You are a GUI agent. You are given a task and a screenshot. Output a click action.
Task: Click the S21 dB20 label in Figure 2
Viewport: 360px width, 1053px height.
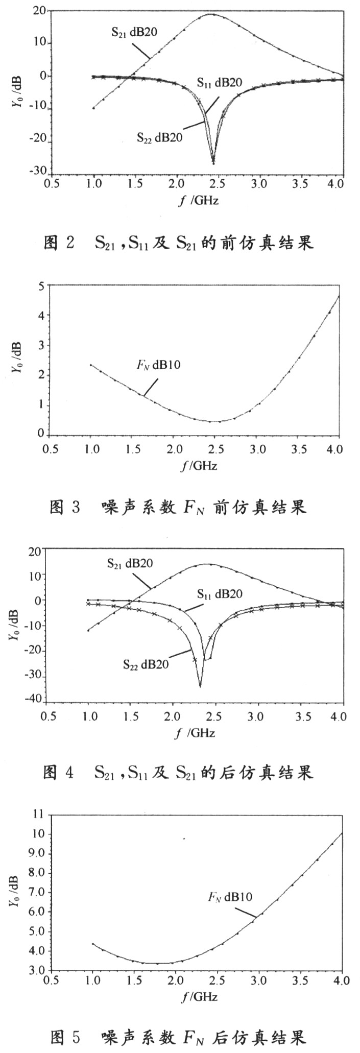point(134,32)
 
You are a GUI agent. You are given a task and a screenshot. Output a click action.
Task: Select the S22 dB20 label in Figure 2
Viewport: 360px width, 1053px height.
point(160,136)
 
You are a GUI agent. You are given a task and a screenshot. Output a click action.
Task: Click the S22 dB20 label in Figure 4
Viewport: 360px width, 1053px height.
point(146,664)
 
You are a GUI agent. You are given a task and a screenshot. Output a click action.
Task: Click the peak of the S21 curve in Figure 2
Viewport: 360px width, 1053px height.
point(211,14)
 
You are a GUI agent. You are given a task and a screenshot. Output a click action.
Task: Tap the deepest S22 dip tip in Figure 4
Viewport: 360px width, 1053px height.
point(200,686)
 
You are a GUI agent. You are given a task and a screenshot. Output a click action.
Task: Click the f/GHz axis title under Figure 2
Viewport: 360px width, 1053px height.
point(199,200)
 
